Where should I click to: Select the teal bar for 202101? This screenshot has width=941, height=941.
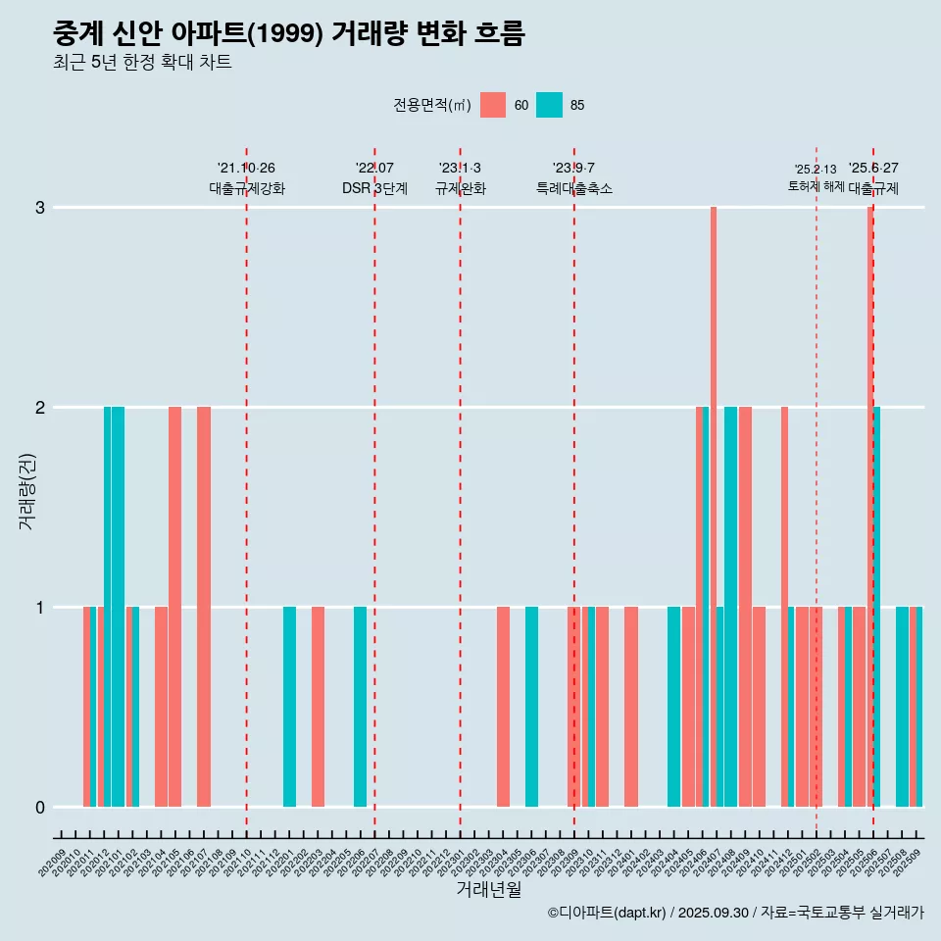coord(118,607)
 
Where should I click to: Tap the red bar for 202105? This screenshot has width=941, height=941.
coord(174,607)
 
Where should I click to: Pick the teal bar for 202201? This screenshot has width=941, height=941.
coord(289,707)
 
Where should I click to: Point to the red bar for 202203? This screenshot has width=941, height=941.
coord(318,707)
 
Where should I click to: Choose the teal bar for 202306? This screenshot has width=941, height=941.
coord(531,707)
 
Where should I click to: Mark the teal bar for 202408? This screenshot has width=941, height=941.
coord(730,607)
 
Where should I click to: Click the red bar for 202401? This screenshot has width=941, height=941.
coord(631,707)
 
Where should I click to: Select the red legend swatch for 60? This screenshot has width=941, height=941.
coord(493,105)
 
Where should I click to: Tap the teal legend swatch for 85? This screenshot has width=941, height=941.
coord(550,105)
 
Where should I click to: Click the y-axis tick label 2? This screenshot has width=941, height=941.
coord(40,407)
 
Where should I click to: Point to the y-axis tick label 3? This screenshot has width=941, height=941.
coord(40,207)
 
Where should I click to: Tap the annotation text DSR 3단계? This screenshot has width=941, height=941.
coord(374,188)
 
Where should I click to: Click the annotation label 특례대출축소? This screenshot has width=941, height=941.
coord(574,188)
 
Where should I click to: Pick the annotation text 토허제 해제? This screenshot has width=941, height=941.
coord(816,185)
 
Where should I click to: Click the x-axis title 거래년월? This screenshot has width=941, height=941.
coord(489,889)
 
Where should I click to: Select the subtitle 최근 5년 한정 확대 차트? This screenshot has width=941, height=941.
coord(142,63)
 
